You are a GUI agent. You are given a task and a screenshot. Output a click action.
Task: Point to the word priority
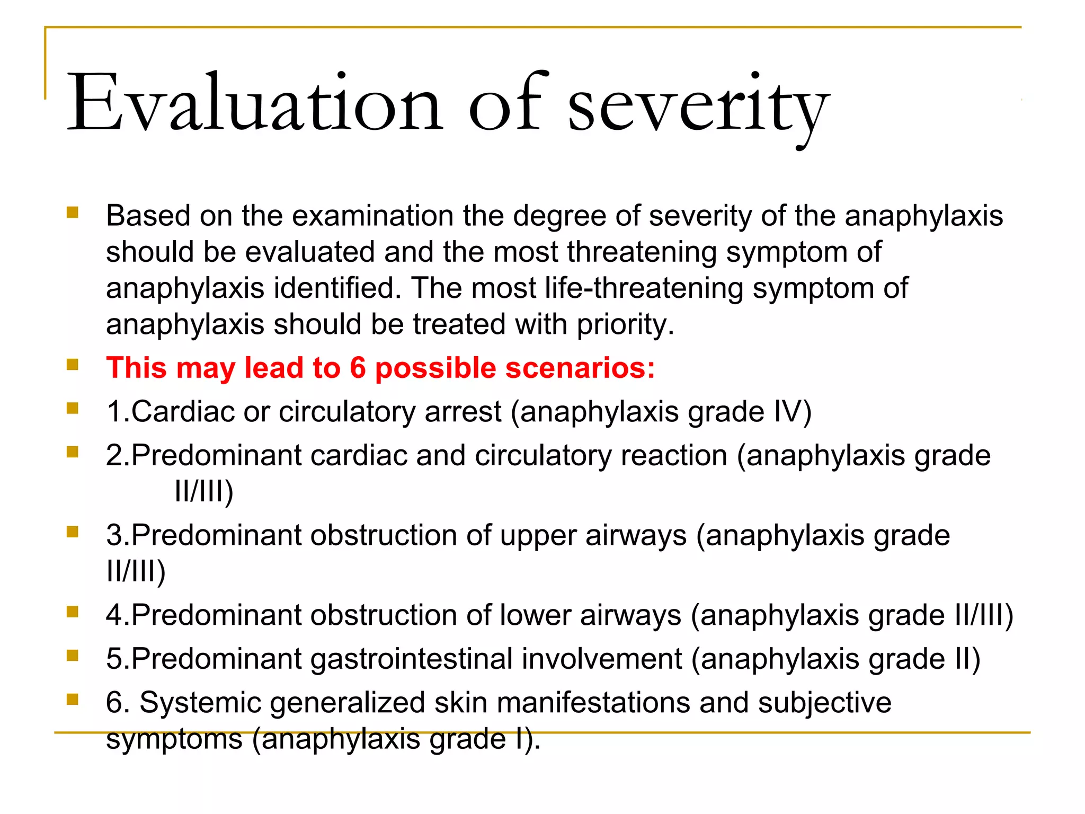tap(625, 325)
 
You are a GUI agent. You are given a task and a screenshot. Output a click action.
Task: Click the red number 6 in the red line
tap(358, 368)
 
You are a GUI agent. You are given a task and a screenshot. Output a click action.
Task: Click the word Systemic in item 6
tap(200, 703)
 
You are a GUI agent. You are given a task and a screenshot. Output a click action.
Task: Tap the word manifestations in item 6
tap(593, 703)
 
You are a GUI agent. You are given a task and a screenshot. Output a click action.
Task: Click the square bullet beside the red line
tap(73, 365)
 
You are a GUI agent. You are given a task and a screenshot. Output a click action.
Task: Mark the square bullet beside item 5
tap(73, 656)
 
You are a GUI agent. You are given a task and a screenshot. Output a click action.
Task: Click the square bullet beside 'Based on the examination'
tap(73, 213)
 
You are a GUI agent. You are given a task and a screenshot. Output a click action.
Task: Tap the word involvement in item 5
tap(602, 659)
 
